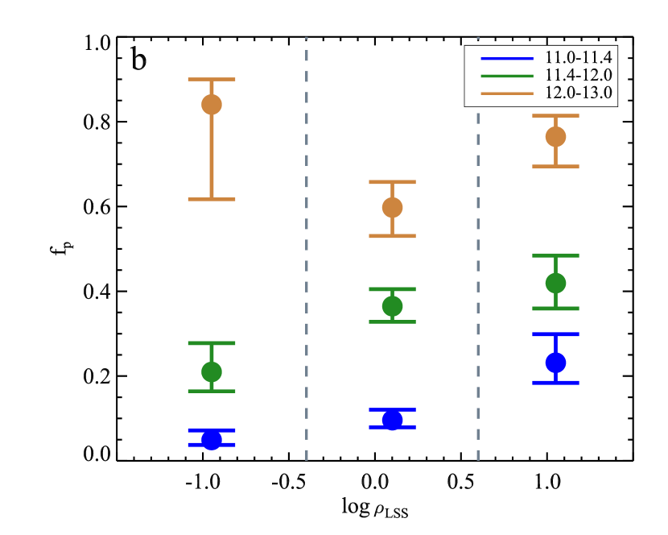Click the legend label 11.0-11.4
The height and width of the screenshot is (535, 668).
[x=578, y=58]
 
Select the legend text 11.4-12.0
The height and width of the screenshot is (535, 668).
[x=578, y=75]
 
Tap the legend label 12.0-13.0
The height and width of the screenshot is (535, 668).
[x=578, y=93]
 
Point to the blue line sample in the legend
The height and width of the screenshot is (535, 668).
[x=507, y=58]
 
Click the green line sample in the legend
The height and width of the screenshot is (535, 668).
[x=507, y=76]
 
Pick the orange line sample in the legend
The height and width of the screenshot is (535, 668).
[x=507, y=93]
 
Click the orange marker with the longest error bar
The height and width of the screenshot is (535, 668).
[x=212, y=105]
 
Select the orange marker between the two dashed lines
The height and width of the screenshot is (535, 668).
[x=392, y=208]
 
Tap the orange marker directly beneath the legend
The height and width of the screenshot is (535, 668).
[x=555, y=136]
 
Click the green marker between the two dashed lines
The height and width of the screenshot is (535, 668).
[x=392, y=306]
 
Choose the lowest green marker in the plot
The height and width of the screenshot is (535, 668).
[x=212, y=371]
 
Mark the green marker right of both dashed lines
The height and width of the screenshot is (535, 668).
[x=555, y=283]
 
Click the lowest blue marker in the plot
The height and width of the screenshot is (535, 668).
[x=212, y=439]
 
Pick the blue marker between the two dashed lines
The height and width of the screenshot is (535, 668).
[x=392, y=420]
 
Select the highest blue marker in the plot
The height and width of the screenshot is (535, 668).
[x=555, y=363]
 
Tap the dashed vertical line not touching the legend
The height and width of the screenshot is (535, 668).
[x=307, y=242]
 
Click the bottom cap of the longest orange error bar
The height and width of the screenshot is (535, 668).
[x=212, y=199]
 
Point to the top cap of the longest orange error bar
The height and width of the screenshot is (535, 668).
[x=212, y=79]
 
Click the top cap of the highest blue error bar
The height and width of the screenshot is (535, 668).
[x=555, y=334]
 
